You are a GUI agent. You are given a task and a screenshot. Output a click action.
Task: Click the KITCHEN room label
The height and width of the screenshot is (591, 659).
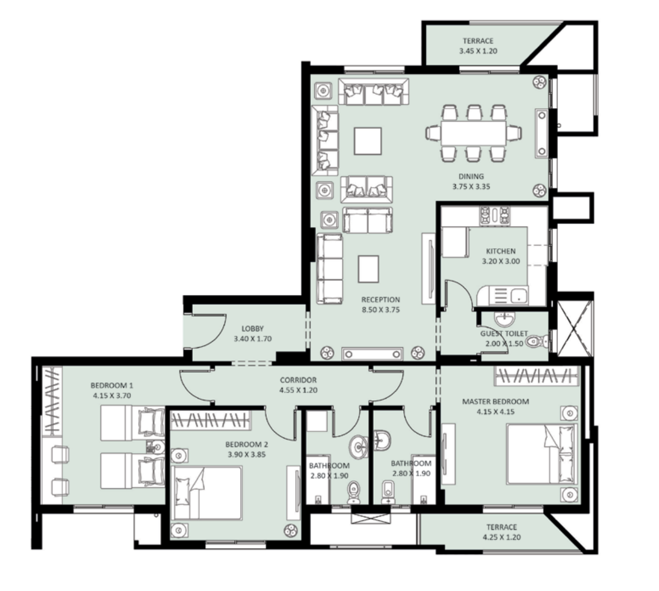click(500, 251)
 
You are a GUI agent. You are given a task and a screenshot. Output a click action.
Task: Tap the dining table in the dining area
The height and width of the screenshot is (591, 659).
click(473, 134)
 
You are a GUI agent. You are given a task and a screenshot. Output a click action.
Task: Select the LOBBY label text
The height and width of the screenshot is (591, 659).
click(253, 329)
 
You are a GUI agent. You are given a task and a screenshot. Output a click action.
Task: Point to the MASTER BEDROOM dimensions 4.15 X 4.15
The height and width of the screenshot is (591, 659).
click(495, 412)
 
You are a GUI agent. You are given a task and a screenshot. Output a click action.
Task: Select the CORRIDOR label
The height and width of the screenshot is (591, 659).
click(298, 380)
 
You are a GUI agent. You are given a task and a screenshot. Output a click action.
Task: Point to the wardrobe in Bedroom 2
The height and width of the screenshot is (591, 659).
click(211, 420)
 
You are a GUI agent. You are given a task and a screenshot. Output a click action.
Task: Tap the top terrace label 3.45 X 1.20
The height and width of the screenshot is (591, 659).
click(478, 51)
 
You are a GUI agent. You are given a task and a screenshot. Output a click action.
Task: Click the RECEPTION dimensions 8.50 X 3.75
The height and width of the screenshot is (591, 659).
click(380, 310)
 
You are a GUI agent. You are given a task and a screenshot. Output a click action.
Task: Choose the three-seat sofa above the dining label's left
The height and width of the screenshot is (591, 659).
click(373, 91)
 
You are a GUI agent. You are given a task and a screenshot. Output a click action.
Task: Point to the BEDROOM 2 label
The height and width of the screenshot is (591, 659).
click(247, 444)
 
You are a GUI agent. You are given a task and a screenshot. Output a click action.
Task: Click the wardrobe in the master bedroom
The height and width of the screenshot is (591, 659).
click(537, 376)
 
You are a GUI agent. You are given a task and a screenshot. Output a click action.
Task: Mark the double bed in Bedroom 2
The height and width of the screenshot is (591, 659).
click(206, 493)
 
